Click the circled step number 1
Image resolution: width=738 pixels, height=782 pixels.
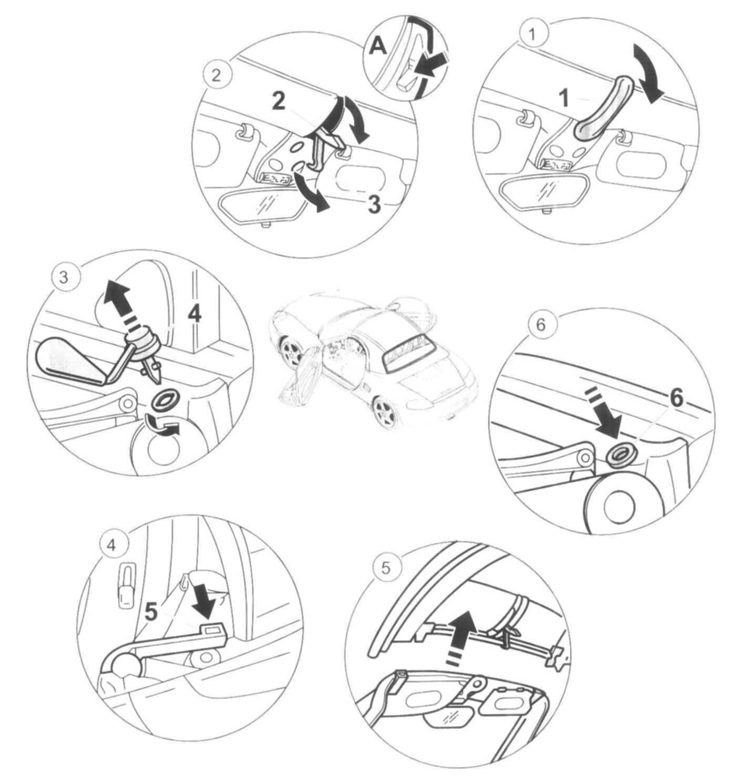[532, 35]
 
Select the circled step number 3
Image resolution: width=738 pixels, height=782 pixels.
[64, 276]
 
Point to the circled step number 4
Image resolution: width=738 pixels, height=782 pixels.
[112, 545]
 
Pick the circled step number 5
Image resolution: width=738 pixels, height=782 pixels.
[386, 569]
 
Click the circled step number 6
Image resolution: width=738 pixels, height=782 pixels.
[540, 324]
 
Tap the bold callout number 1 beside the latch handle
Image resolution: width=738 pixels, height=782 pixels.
[563, 98]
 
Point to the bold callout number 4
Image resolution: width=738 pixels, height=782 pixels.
[194, 314]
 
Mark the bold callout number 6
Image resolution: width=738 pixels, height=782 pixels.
[676, 398]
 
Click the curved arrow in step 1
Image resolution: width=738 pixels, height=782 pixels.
[649, 74]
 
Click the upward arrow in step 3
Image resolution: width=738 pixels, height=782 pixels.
[118, 299]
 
